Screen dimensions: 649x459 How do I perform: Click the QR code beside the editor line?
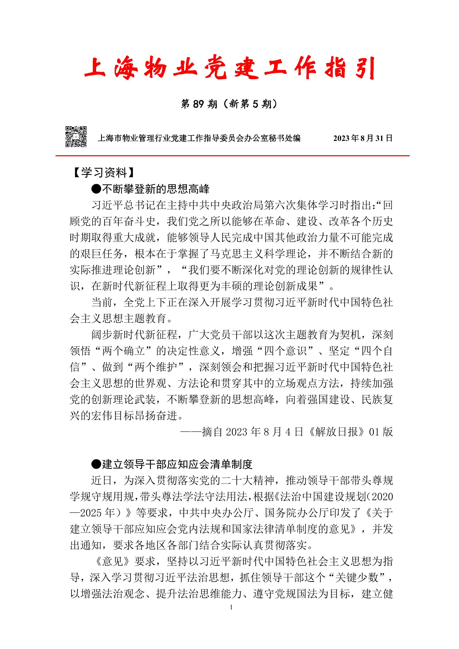(x=76, y=137)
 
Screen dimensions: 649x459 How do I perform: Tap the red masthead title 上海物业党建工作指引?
(x=229, y=68)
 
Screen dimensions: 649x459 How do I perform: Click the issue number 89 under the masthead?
(x=198, y=104)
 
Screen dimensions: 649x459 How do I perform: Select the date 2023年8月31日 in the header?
(x=363, y=138)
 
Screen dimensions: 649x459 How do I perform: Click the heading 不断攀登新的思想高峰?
(x=156, y=189)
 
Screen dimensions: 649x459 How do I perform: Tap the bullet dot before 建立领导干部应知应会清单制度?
(x=96, y=464)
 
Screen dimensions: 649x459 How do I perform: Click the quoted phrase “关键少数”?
(x=357, y=578)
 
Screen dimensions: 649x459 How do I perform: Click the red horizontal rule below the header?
(x=232, y=156)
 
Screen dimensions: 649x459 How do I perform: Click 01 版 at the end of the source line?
(x=381, y=432)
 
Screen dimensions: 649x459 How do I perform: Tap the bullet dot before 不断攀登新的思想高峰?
(x=96, y=189)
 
